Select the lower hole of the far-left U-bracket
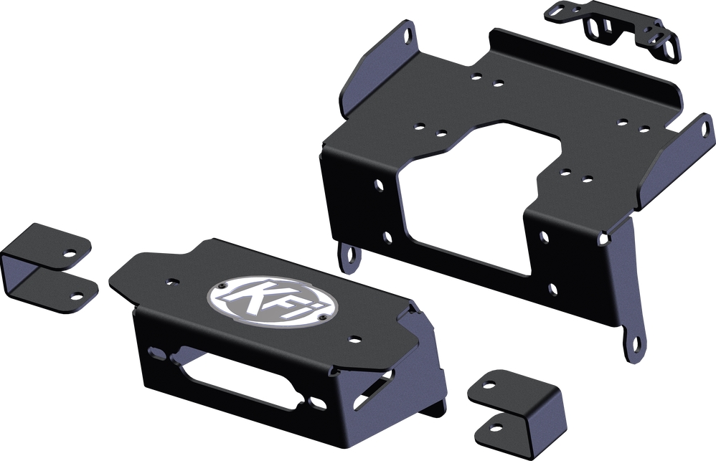(x=76, y=294)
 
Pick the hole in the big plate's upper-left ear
(x=408, y=34)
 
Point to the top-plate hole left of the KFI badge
(x=171, y=282)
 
